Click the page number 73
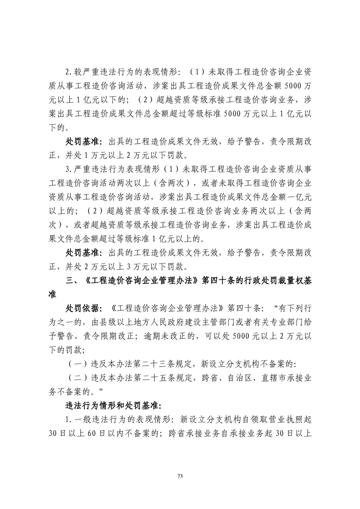pos(180,476)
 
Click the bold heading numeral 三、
pos(73,280)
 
